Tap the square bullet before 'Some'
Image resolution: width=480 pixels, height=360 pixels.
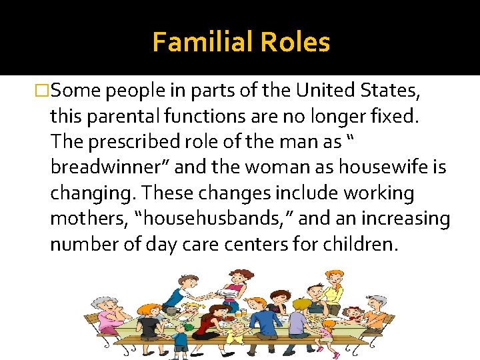point(42,90)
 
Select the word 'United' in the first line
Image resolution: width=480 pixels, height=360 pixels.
point(333,90)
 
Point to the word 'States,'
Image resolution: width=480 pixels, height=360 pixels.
point(400,90)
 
